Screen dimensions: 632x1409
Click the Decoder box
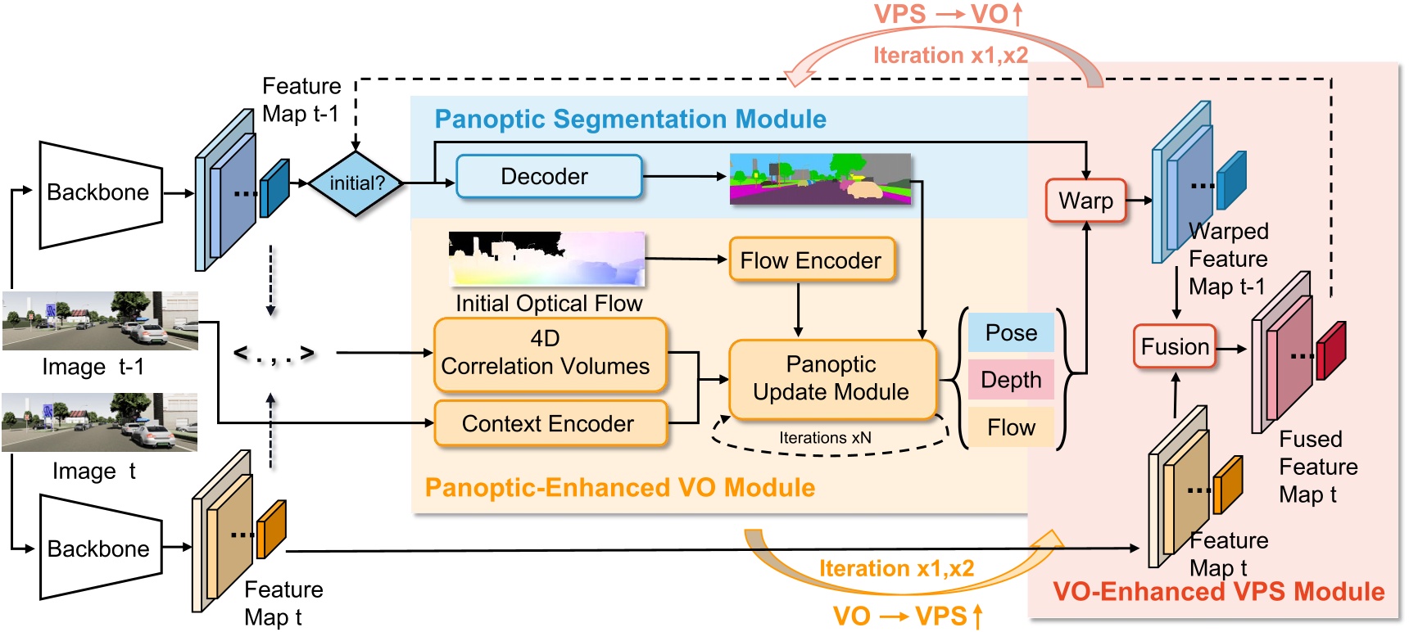pos(548,177)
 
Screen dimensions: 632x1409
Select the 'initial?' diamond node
pos(356,183)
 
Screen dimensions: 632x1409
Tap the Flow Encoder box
pos(811,260)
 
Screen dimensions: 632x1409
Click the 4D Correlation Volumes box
pos(550,354)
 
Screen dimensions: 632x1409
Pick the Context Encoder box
pos(550,423)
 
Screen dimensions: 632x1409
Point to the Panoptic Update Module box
pos(831,378)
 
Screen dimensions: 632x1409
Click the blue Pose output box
pos(1011,332)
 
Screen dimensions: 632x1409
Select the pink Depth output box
pos(1011,380)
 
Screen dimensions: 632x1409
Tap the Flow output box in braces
pos(1011,427)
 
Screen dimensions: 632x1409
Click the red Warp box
pos(1085,201)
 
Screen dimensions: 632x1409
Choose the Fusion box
pos(1174,346)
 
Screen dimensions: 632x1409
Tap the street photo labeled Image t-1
pos(100,320)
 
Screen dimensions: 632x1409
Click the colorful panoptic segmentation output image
pos(820,178)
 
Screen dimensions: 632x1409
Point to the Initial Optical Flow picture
pos(547,259)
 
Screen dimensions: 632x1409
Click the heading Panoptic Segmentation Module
pos(630,120)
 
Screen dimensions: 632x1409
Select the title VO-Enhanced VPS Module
pos(1218,592)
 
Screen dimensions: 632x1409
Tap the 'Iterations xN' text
pos(825,438)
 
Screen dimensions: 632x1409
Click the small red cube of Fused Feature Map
pos(1331,350)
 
